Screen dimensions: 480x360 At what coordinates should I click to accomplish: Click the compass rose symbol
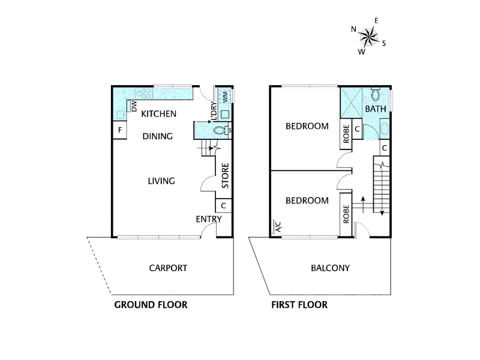[x=368, y=37]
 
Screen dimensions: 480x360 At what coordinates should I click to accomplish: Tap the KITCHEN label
[x=158, y=114]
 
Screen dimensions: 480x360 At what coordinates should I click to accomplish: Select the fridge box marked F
[x=119, y=130]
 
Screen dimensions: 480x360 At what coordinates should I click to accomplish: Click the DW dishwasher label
[x=134, y=106]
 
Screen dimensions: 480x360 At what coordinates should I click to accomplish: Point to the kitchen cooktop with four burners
[x=144, y=94]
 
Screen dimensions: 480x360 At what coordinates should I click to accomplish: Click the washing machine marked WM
[x=225, y=96]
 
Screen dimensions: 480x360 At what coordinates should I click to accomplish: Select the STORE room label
[x=225, y=176]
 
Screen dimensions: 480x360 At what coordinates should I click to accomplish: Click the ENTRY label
[x=209, y=219]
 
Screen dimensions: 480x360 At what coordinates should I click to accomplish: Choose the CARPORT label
[x=168, y=268]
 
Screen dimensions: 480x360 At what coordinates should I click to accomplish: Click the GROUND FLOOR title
[x=151, y=305]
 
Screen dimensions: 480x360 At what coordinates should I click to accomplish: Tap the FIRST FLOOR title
[x=299, y=305]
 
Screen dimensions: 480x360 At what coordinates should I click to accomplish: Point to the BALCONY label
[x=331, y=268]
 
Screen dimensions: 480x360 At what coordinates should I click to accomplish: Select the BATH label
[x=376, y=109]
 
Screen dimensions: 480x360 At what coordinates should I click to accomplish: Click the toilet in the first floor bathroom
[x=376, y=94]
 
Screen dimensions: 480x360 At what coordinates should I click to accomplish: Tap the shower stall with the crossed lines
[x=352, y=103]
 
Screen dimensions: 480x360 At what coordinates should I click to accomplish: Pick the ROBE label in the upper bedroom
[x=346, y=134]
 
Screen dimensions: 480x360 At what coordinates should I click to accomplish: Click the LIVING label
[x=161, y=181]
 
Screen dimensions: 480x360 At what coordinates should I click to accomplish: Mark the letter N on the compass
[x=353, y=29]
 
